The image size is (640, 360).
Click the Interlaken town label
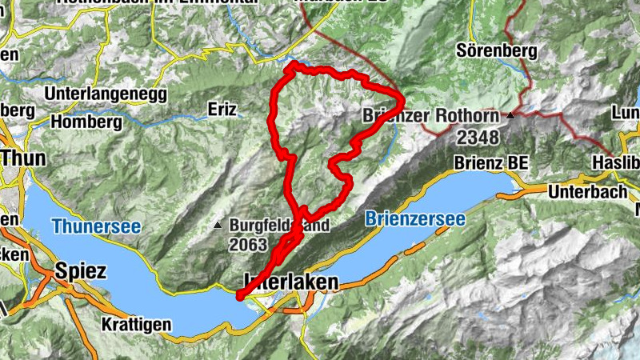click(x=290, y=282)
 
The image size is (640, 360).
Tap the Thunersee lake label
click(x=97, y=227)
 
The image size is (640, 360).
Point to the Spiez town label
click(x=81, y=271)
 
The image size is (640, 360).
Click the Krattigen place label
click(x=137, y=325)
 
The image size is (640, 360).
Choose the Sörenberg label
click(x=496, y=50)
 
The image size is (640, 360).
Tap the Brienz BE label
click(x=491, y=162)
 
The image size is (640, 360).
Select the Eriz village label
click(x=223, y=109)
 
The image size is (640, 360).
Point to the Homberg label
click(x=86, y=122)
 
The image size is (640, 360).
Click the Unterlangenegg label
click(x=106, y=94)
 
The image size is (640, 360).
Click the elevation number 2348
click(x=478, y=138)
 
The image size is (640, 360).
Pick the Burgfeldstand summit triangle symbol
click(x=218, y=226)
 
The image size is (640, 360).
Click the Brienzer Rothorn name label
click(x=432, y=116)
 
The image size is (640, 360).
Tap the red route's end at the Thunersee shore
click(x=240, y=297)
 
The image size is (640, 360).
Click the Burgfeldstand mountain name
click(x=278, y=226)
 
